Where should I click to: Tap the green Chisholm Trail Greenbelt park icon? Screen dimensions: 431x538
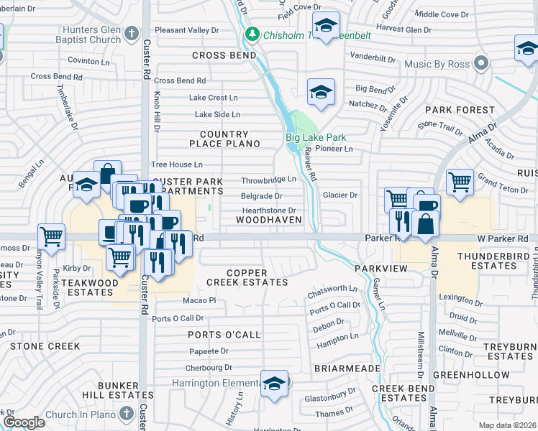(x=252, y=34)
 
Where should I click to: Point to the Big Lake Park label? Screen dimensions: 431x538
(x=316, y=137)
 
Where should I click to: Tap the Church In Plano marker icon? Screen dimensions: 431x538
(x=127, y=413)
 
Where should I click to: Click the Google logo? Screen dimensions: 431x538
(x=23, y=422)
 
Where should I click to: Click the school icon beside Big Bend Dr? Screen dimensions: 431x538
(x=321, y=91)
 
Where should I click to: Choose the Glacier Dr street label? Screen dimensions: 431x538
(x=340, y=195)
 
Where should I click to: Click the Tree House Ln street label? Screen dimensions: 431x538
(x=176, y=164)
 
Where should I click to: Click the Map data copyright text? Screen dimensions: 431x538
(x=507, y=425)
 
